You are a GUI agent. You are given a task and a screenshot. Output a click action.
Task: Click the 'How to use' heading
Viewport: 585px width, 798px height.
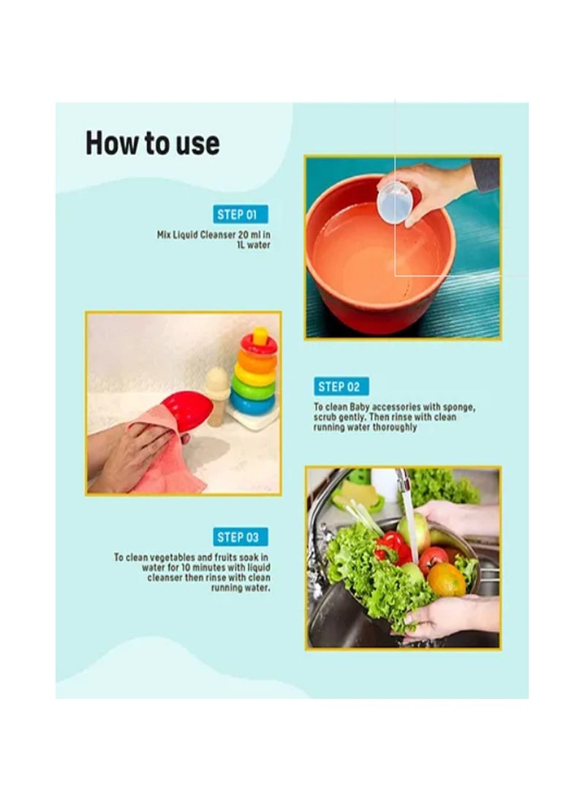point(152,143)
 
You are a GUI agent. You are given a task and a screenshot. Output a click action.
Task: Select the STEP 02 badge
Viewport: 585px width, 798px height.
point(342,387)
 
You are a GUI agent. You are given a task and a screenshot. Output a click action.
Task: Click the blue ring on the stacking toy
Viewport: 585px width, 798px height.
point(252,403)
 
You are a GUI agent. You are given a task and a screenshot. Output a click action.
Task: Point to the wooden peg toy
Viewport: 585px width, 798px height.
point(216,395)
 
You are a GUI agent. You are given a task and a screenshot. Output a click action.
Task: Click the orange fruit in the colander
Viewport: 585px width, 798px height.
point(446,579)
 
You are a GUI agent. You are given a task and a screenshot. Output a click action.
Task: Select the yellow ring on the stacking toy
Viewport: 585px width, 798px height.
point(254,376)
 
